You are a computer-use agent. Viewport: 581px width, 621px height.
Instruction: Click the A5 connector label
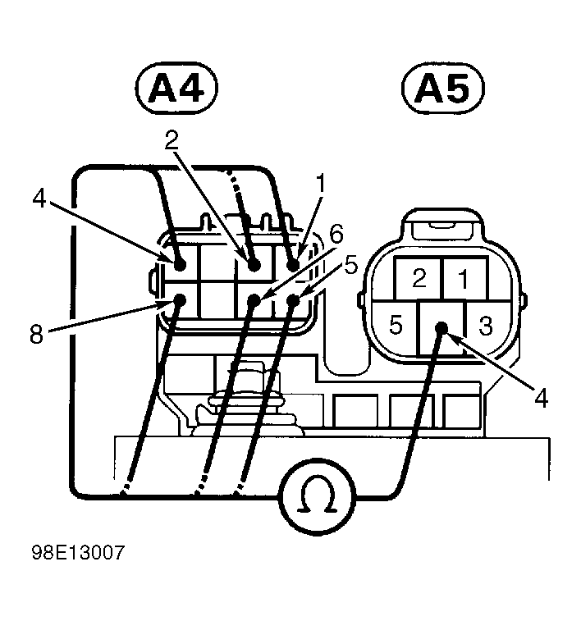[444, 90]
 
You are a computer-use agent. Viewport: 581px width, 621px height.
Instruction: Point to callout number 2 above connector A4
[172, 139]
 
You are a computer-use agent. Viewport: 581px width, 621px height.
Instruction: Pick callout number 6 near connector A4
[336, 235]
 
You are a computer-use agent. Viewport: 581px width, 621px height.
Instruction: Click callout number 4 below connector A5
[540, 398]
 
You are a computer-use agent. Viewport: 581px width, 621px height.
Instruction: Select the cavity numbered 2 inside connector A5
[419, 279]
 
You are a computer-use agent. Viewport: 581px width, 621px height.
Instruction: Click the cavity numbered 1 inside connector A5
[463, 279]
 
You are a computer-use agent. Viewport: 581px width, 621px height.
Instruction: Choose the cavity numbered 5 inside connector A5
[396, 325]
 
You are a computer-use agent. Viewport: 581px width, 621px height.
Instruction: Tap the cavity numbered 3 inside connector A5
[485, 325]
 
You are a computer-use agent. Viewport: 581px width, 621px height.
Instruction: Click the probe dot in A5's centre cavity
[441, 327]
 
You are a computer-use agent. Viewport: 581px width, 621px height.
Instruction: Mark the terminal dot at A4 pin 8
[181, 300]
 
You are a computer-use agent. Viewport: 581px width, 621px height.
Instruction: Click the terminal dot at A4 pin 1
[293, 266]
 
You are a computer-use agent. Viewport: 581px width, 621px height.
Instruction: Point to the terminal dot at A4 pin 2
[254, 265]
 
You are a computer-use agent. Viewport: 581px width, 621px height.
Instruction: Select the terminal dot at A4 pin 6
[254, 300]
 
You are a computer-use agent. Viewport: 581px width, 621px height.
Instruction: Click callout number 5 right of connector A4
[351, 266]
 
